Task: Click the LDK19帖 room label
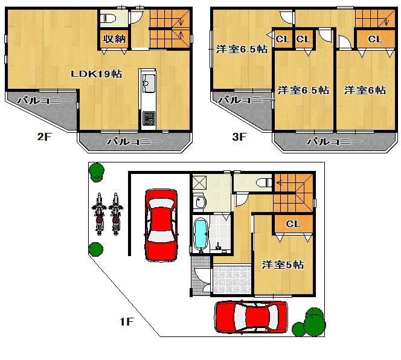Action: pyautogui.click(x=97, y=74)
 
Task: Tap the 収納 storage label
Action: pyautogui.click(x=114, y=39)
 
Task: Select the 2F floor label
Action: pyautogui.click(x=44, y=137)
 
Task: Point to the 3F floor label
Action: pyautogui.click(x=240, y=137)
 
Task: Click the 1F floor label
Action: pyautogui.click(x=126, y=322)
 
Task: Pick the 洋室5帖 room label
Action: pyautogui.click(x=283, y=265)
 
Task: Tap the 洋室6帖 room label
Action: pyautogui.click(x=365, y=90)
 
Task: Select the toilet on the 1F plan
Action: pyautogui.click(x=262, y=181)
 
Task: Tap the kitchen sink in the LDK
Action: pyautogui.click(x=148, y=80)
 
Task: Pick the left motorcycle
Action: pyautogui.click(x=99, y=216)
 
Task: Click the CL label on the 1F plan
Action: pyautogui.click(x=293, y=223)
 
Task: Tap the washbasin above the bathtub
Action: pyautogui.click(x=200, y=201)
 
